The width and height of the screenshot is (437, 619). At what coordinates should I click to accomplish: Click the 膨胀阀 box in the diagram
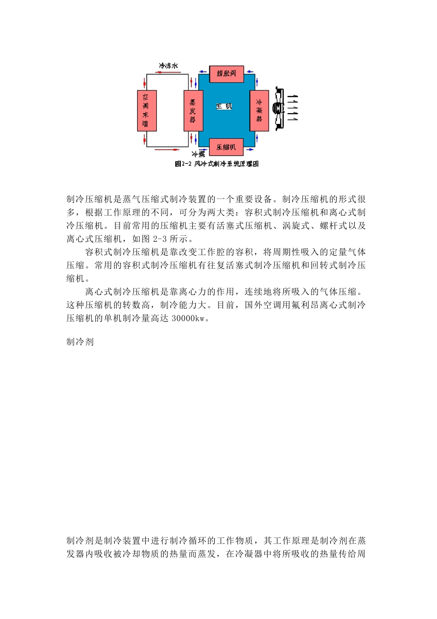(226, 73)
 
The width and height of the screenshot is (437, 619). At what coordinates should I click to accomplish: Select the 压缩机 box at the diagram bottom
(226, 147)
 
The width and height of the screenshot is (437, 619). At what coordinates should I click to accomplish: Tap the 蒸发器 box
(193, 111)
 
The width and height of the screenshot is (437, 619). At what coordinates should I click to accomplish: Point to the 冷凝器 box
(259, 111)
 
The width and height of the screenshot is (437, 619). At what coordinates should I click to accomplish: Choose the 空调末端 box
(147, 111)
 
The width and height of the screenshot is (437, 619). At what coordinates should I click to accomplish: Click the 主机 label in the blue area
(224, 106)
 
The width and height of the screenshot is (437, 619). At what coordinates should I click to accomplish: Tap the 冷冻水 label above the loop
(168, 66)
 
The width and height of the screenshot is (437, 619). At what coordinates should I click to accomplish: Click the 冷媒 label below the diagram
(199, 154)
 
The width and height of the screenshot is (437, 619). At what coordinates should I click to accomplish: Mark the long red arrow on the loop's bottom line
(167, 150)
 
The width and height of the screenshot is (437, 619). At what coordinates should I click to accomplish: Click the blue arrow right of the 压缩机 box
(250, 149)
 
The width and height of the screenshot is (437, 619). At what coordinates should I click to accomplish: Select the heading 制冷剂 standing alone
(80, 342)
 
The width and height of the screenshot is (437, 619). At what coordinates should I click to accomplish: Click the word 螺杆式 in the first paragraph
(333, 226)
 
